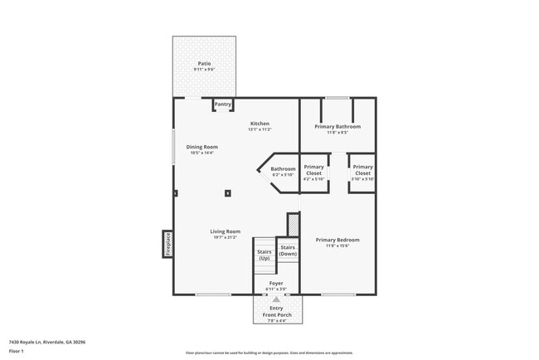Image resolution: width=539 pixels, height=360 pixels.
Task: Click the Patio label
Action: [x=204, y=63]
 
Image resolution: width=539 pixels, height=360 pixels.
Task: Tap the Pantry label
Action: [x=223, y=105]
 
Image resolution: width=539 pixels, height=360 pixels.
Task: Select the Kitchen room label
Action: [x=260, y=124]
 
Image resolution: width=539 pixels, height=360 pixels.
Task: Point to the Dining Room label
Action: [x=202, y=147]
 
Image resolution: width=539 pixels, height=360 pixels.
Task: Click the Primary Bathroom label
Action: [x=337, y=126]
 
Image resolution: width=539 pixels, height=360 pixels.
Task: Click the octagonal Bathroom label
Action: [x=283, y=169]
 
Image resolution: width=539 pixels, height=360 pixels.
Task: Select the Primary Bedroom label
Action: [x=337, y=240]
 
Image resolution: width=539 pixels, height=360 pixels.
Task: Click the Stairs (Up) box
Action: [x=265, y=255]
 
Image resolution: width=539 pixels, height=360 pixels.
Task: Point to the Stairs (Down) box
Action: [x=288, y=250]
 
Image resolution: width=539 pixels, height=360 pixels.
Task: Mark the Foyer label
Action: [x=276, y=283]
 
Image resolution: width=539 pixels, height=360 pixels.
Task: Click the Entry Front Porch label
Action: [x=276, y=311]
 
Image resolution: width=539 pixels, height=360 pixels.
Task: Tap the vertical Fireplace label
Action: [x=167, y=244]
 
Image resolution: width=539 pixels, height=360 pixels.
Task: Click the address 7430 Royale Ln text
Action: [x=47, y=341]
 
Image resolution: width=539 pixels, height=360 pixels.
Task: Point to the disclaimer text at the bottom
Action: [x=269, y=353]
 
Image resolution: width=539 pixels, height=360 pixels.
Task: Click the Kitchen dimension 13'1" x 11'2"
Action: [x=260, y=129]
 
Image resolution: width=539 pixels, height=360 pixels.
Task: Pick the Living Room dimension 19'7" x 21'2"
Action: [x=225, y=237]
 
